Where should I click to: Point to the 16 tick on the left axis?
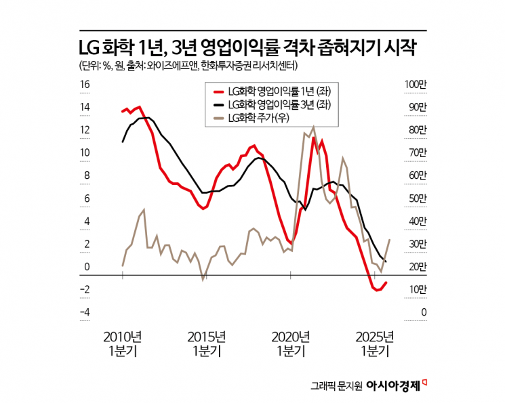[x=85, y=85]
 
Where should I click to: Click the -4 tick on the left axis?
[x=85, y=312]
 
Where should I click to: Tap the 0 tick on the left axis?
[x=87, y=267]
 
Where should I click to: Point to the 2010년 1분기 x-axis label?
[x=123, y=343]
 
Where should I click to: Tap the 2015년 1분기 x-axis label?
[x=206, y=343]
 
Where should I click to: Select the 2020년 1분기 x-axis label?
[x=290, y=343]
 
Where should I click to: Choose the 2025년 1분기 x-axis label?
[x=374, y=343]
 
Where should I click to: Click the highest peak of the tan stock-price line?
[x=313, y=127]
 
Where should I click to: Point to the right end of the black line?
[x=386, y=261]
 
